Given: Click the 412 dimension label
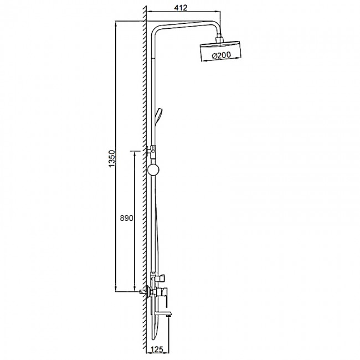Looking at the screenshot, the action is pos(181,8).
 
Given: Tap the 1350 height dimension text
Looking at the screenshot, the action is pos(111,158).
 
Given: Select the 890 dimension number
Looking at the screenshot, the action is pos(126,218).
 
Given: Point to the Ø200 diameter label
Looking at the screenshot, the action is pos(222,55).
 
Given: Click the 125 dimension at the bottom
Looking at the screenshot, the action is pos(157,349).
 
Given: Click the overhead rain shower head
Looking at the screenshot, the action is pos(220,52).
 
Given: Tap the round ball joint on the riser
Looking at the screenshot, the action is pos(153,170).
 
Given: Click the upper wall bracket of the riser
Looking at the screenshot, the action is pos(151,152).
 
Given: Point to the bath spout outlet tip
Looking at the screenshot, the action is pos(169,316).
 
